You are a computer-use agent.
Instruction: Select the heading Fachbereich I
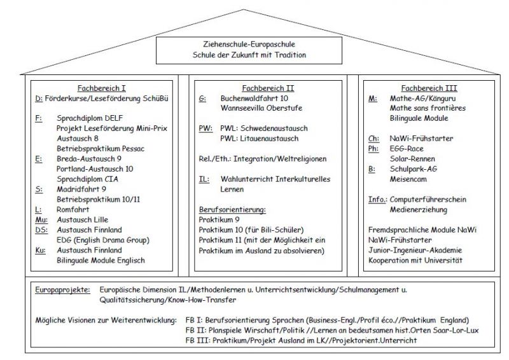click(106, 88)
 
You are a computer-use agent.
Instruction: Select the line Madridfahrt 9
click(81, 189)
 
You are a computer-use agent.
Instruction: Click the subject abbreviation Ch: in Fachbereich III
click(374, 139)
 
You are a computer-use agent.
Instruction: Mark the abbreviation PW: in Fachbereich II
click(206, 128)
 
